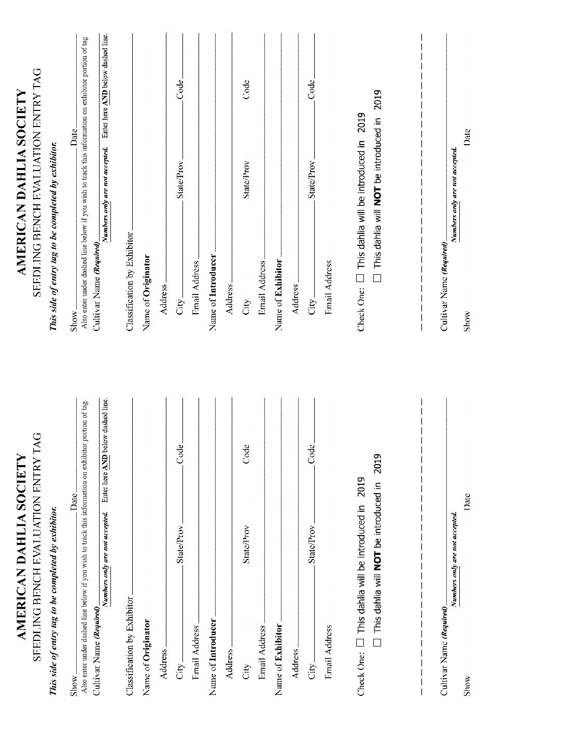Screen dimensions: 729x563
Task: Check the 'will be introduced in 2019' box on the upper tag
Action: point(361,277)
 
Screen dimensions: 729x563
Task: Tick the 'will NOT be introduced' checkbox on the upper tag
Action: point(377,277)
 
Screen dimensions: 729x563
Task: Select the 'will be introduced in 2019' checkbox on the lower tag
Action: point(361,642)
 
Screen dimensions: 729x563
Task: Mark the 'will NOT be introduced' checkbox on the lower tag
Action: point(377,642)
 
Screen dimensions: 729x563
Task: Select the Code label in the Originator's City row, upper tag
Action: point(180,89)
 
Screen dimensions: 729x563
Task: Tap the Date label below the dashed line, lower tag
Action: point(467,500)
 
